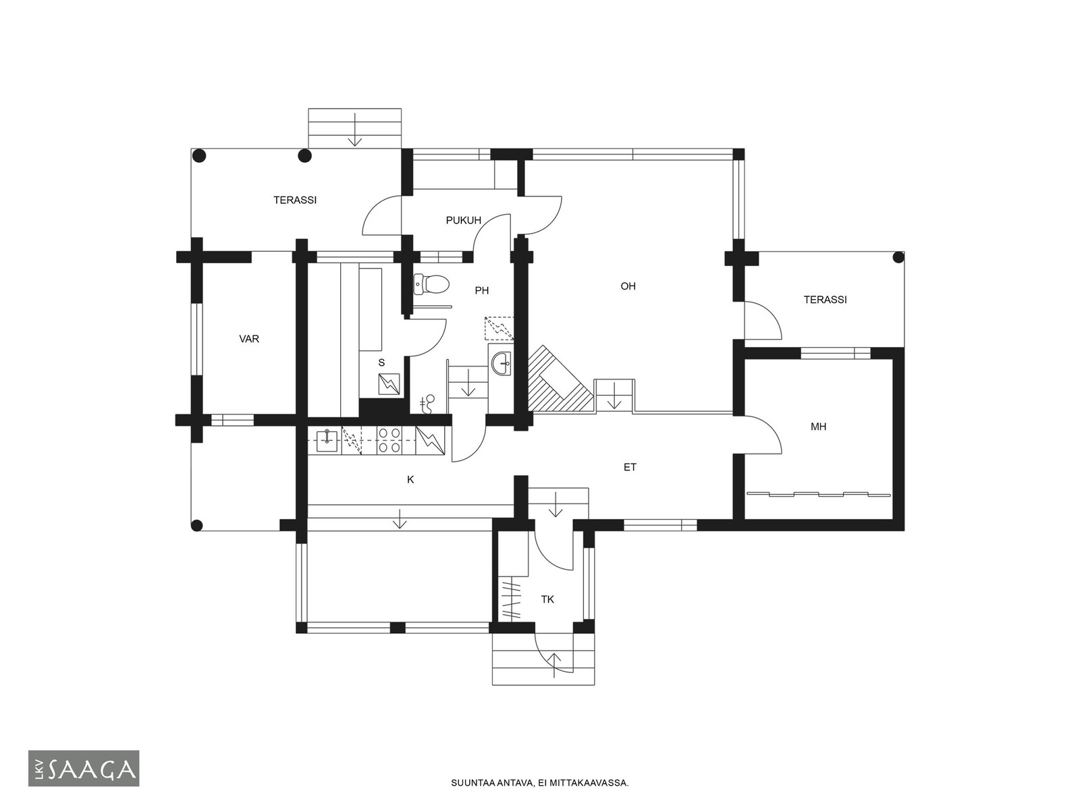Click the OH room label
click(628, 286)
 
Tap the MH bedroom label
click(818, 427)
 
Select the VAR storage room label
click(249, 339)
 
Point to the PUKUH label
click(464, 220)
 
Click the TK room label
click(547, 599)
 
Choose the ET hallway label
click(630, 467)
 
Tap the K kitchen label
click(410, 480)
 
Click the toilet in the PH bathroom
click(431, 284)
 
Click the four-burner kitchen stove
click(389, 440)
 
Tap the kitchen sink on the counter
click(325, 440)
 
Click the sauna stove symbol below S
click(389, 385)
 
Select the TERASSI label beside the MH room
click(825, 300)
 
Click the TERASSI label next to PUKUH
click(295, 200)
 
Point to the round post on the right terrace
click(898, 257)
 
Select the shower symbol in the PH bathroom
click(499, 329)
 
